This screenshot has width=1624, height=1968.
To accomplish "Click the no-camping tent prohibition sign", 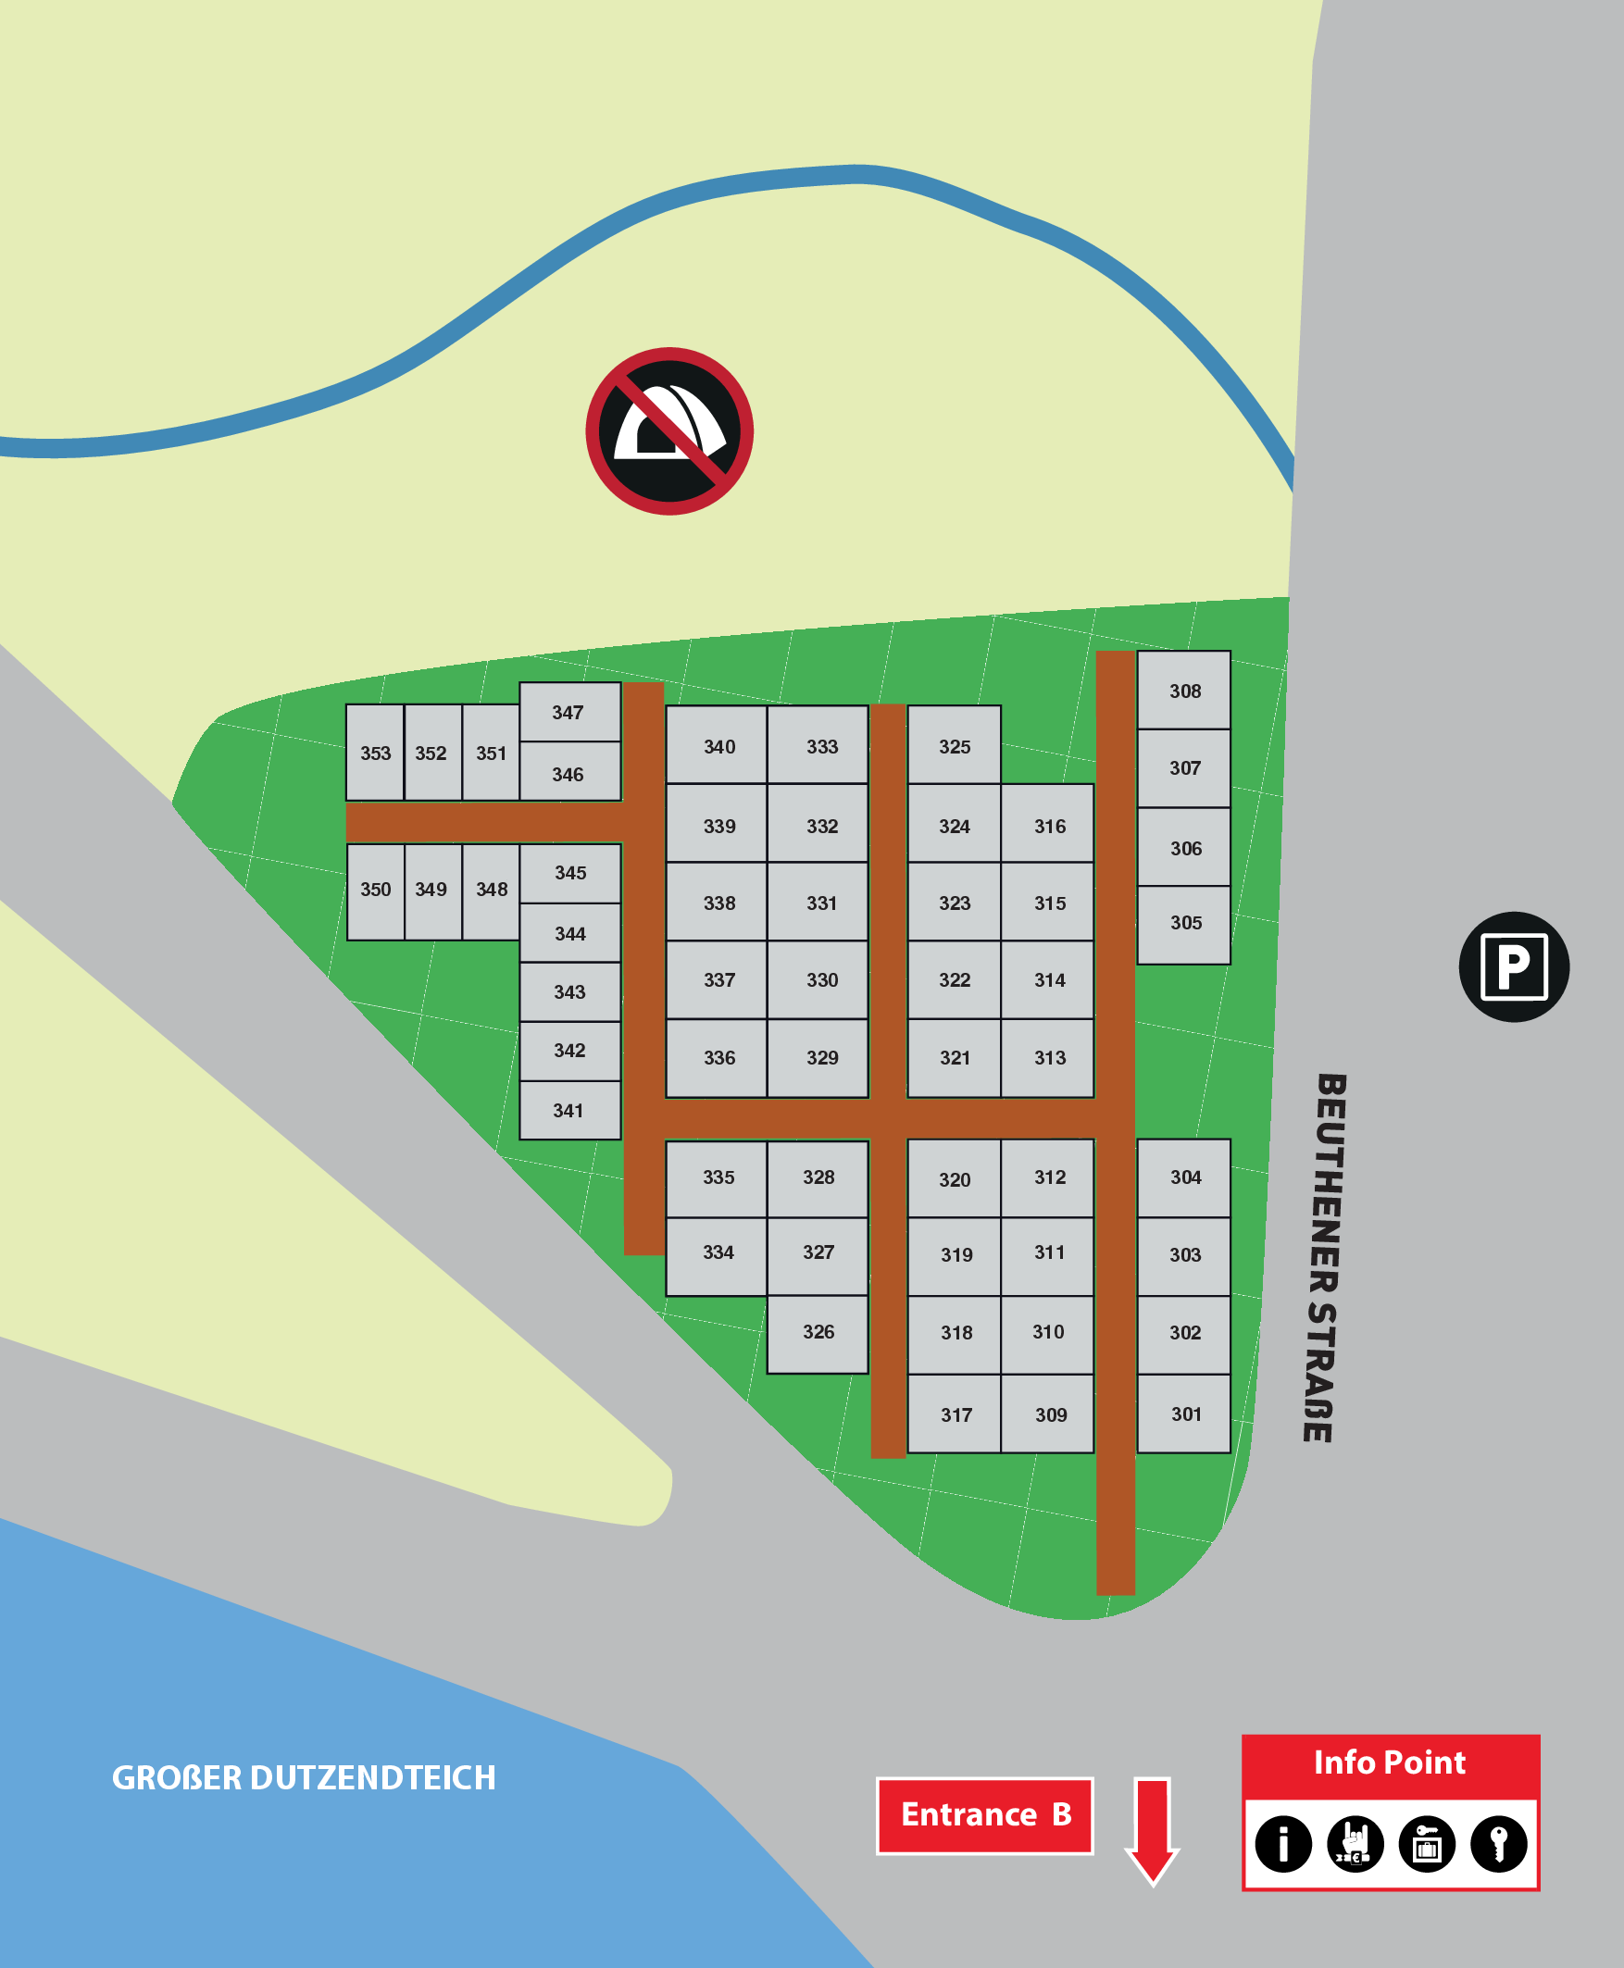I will (668, 431).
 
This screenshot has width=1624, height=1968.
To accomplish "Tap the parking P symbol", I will (1514, 966).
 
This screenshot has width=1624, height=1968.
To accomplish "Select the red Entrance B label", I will (985, 1814).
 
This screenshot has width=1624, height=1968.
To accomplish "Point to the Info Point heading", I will (1389, 1762).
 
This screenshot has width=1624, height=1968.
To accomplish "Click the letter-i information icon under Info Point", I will (1282, 1844).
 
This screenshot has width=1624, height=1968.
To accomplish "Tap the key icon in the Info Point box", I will (1499, 1844).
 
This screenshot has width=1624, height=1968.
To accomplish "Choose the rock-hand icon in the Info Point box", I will (1355, 1844).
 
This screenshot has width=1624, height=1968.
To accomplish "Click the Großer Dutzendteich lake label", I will (304, 1778).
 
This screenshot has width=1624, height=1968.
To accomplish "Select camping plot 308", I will (1183, 691).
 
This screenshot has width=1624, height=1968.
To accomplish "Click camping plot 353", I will (375, 753).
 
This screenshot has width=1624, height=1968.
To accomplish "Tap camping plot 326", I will (818, 1333).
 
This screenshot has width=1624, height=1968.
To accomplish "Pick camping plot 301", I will (1183, 1414).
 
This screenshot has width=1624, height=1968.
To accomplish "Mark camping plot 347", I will (568, 712).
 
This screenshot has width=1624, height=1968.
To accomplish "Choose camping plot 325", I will (955, 745).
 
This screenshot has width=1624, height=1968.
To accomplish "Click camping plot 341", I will (568, 1110).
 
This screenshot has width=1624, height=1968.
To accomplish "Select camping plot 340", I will (718, 745).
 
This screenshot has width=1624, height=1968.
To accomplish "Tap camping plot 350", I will (375, 891).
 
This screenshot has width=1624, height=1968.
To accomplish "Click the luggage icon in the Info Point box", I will (1427, 1844).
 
